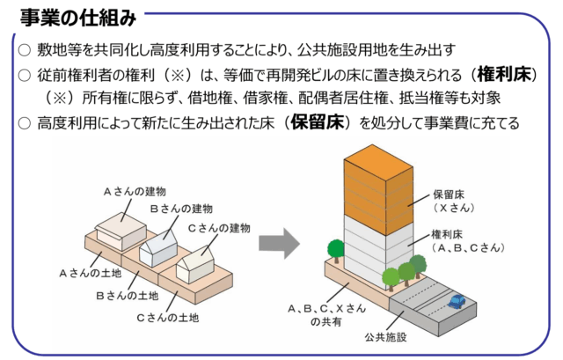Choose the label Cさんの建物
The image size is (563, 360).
pos(219,227)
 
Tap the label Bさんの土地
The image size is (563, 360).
pos(127,295)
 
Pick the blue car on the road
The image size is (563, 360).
pos(457,302)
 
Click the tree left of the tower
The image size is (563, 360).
pos(335,251)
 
